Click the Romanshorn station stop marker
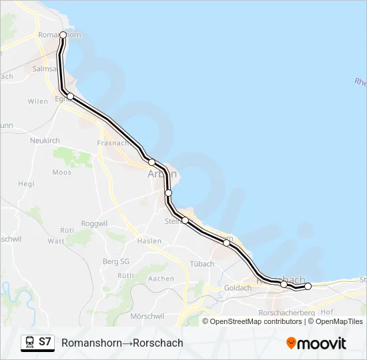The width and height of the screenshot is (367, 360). click(63, 35)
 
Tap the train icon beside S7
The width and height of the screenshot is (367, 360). click(29, 342)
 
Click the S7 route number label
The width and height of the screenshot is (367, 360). click(45, 342)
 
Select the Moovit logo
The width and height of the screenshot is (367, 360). click(316, 343)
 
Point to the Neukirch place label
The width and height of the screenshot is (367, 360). click(45, 141)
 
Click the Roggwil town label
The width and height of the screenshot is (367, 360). click(93, 223)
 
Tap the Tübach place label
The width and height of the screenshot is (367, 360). click(202, 264)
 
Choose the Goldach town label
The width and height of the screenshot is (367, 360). click(238, 287)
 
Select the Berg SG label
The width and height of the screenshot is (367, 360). click(117, 261)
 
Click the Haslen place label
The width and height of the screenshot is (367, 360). click(149, 241)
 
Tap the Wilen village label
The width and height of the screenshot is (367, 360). click(37, 101)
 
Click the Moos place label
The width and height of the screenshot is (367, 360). click(61, 172)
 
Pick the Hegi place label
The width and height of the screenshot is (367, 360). click(26, 183)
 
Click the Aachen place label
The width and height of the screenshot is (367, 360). click(161, 278)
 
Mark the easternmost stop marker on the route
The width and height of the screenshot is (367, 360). click(308, 286)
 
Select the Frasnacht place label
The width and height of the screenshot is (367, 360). click(113, 143)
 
